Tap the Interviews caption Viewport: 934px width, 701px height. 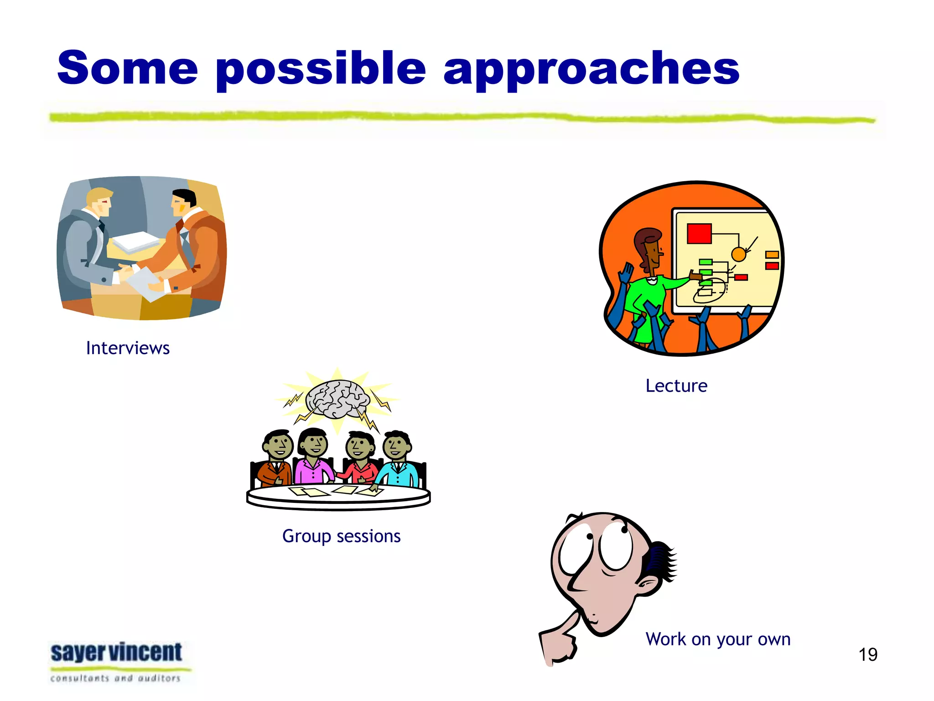pyautogui.click(x=128, y=348)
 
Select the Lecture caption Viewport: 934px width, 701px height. pyautogui.click(x=676, y=386)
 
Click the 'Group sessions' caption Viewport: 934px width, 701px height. pyautogui.click(x=341, y=536)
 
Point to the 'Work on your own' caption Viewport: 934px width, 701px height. pyautogui.click(x=718, y=639)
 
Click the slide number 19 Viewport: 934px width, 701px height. pyautogui.click(x=867, y=654)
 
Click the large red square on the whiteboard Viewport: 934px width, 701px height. pyautogui.click(x=699, y=234)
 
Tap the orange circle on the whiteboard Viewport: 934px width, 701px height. pyautogui.click(x=738, y=254)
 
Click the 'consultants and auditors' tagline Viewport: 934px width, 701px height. pyautogui.click(x=115, y=679)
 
